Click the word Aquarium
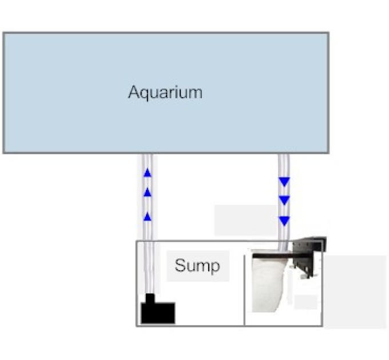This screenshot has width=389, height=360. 165,93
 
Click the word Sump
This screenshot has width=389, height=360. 197,266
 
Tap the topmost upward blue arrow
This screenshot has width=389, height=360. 148,173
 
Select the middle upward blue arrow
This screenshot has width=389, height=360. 148,192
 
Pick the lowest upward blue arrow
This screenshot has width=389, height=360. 148,217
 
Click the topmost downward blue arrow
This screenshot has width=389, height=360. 284,182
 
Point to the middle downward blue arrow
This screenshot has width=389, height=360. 284,201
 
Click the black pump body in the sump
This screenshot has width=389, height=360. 158,313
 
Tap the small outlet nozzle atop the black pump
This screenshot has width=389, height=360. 150,298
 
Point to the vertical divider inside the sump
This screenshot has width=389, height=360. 244,290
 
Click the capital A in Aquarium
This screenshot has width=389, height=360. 133,92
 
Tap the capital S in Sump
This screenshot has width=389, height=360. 180,265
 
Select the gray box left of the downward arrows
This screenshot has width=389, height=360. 245,221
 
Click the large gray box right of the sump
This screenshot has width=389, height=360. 355,292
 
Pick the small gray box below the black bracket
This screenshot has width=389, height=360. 305,302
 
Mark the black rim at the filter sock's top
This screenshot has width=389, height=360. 272,255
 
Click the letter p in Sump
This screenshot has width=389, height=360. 216,267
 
